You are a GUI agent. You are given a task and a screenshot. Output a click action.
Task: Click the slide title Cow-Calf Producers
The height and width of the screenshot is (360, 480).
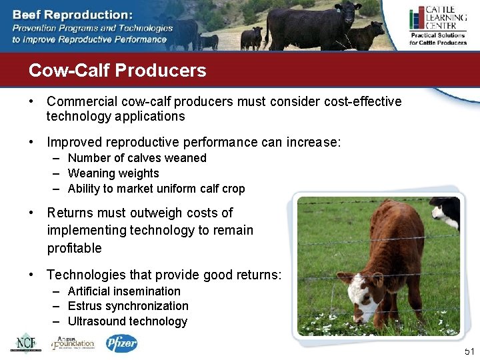(x=117, y=71)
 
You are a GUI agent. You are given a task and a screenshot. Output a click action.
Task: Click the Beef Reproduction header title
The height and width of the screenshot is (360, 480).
(x=73, y=14)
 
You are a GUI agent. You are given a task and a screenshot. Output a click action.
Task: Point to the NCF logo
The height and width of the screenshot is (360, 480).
(x=25, y=343)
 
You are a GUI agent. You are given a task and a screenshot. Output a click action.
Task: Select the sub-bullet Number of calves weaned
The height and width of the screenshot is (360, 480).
(x=137, y=158)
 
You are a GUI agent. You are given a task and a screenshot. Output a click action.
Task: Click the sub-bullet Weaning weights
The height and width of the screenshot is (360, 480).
(x=113, y=173)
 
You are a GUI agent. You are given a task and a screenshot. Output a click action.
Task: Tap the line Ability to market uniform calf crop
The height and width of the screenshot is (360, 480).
(x=156, y=189)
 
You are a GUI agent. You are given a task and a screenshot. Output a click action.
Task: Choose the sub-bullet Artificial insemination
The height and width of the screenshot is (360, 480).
(x=124, y=291)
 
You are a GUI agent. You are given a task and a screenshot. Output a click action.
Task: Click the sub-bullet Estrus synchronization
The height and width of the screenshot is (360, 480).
(x=128, y=306)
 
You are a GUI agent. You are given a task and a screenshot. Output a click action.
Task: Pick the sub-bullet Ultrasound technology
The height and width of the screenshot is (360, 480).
(x=127, y=321)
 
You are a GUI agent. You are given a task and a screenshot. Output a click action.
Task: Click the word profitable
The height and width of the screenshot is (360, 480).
(x=74, y=248)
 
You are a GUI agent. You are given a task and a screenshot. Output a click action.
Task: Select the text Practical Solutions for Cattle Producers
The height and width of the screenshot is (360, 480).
(x=437, y=39)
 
